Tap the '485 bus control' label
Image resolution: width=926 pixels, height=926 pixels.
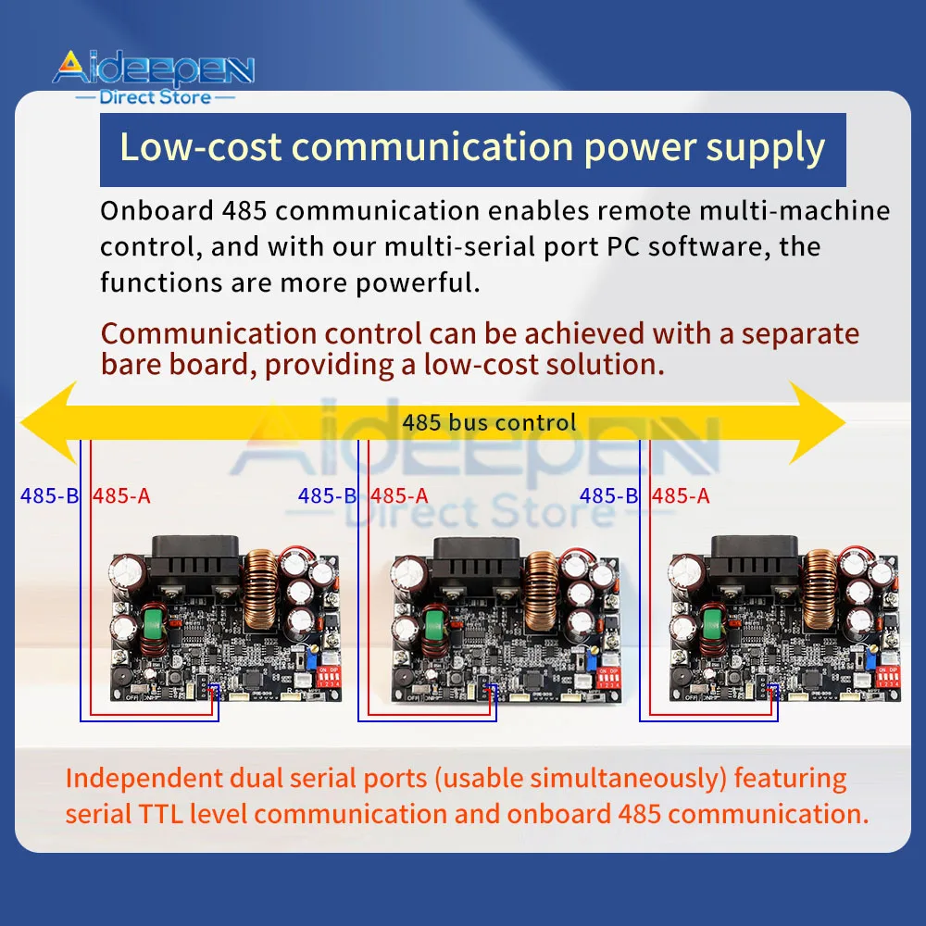pyautogui.click(x=489, y=423)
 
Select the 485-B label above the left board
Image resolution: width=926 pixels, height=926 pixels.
pyautogui.click(x=50, y=495)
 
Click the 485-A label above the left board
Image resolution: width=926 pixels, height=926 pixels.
pyautogui.click(x=121, y=495)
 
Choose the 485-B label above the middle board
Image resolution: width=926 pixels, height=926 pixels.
pyautogui.click(x=327, y=495)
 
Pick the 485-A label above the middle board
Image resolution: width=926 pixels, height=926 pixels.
pyautogui.click(x=399, y=495)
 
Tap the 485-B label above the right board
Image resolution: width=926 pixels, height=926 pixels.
pyautogui.click(x=608, y=495)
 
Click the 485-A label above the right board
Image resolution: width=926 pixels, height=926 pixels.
pyautogui.click(x=681, y=495)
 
